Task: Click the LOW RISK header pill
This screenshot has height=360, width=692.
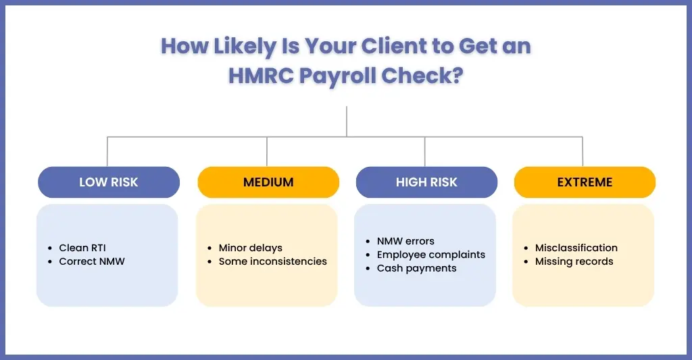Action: (109, 182)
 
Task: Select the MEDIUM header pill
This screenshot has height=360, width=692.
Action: (268, 182)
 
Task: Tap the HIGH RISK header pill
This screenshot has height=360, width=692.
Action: (426, 182)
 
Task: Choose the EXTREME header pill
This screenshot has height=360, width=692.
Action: (585, 182)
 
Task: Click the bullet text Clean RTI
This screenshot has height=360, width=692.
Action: (82, 248)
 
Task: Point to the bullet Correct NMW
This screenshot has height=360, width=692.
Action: (92, 261)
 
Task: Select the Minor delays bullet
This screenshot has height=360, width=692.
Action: (250, 248)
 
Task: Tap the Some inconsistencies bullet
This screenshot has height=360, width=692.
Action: (273, 261)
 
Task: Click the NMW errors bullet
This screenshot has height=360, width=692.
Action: (405, 241)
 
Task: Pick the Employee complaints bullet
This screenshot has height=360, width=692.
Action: (430, 255)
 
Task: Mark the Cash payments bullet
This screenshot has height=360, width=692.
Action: (416, 268)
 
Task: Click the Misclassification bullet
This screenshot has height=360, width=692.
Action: (576, 248)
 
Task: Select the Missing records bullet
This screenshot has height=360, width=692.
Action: (574, 261)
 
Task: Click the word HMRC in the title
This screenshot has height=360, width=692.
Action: (261, 76)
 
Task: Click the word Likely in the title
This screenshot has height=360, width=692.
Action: (245, 47)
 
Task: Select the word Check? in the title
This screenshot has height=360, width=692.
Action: (422, 76)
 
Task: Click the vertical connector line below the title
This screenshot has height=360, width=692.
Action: (347, 122)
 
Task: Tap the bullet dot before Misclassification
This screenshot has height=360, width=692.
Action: (526, 249)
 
